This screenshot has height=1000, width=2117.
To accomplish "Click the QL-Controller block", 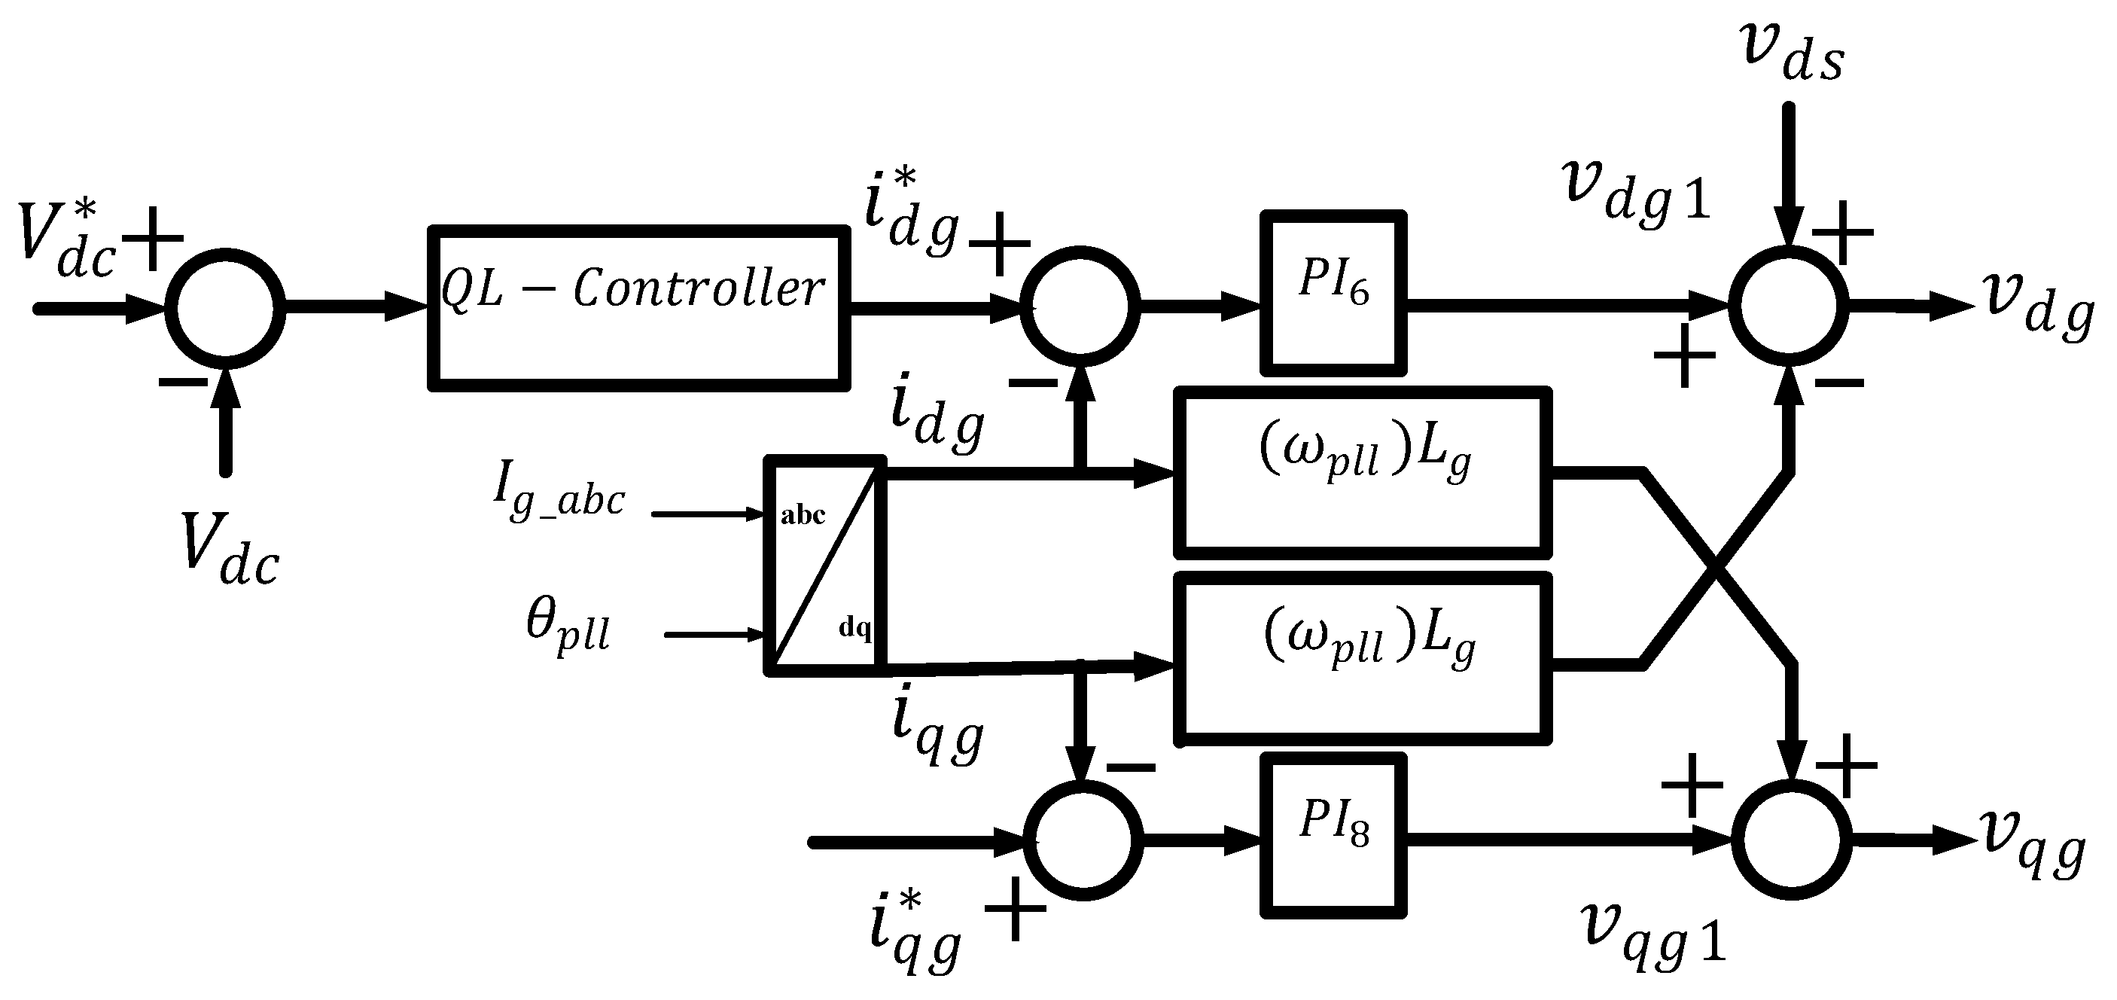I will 638,307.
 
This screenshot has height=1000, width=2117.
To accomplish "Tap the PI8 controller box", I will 1333,835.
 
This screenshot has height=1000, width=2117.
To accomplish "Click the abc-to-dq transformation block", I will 825,566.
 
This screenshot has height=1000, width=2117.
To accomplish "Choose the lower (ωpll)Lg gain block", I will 1364,658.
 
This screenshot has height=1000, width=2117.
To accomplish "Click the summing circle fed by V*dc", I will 225,308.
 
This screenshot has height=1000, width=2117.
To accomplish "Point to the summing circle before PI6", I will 1080,305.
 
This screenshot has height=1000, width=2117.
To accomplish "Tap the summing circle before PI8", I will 1083,840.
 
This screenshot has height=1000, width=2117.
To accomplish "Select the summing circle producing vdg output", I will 1788,305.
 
